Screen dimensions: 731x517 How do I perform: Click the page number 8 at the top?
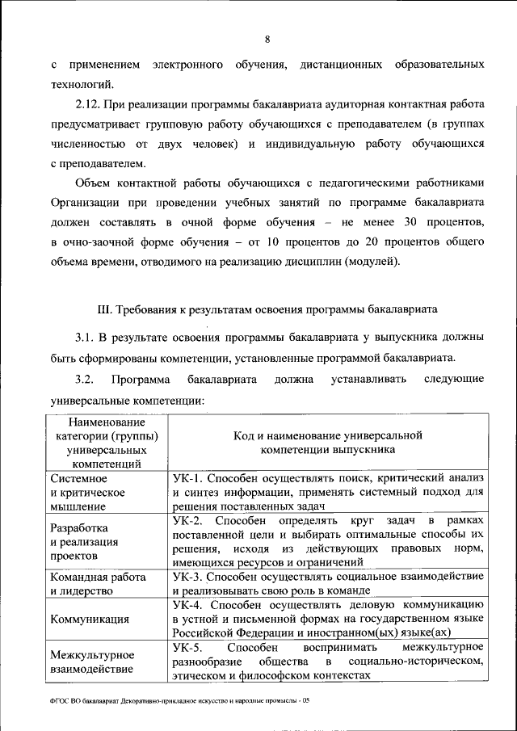[267, 40]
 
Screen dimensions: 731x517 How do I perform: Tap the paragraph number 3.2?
[86, 379]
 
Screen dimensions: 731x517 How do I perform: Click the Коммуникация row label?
[89, 620]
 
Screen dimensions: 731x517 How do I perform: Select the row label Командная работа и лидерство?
[97, 584]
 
